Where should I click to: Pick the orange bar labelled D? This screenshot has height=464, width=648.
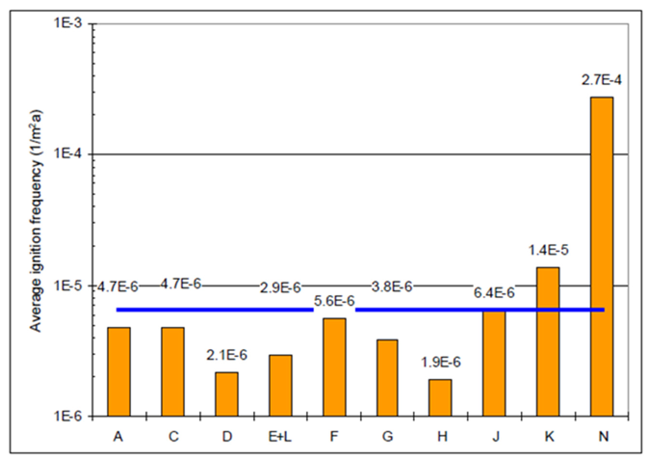click(227, 394)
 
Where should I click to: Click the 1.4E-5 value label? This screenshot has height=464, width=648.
click(548, 250)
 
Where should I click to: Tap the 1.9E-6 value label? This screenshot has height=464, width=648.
click(441, 362)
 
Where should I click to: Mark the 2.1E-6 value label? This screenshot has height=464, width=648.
click(227, 355)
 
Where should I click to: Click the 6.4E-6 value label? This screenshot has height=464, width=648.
click(494, 293)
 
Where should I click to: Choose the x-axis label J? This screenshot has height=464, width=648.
click(496, 437)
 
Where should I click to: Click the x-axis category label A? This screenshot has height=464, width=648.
click(118, 437)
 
